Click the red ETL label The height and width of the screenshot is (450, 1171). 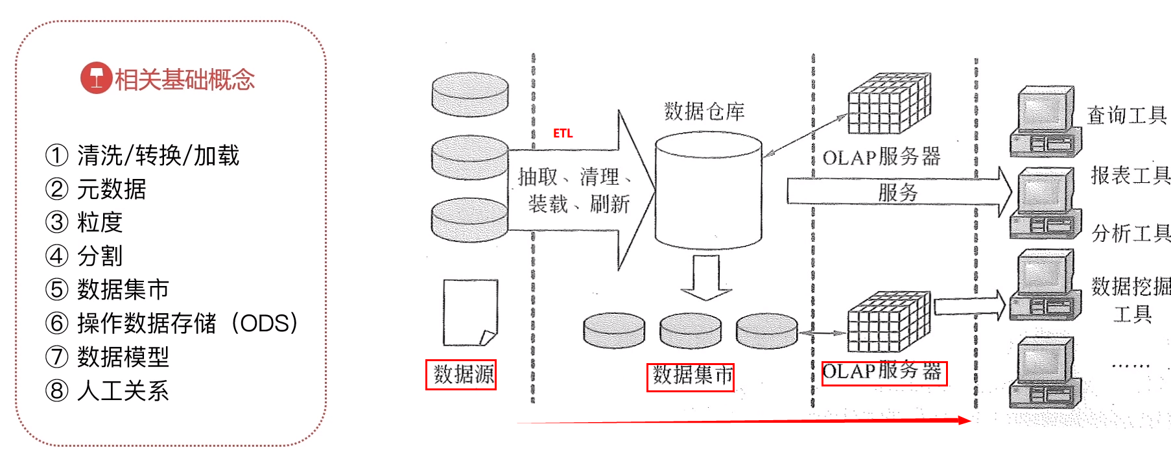pyautogui.click(x=563, y=133)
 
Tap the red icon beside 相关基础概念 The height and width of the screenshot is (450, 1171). pyautogui.click(x=96, y=78)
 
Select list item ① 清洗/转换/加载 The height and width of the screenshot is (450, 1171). pyautogui.click(x=143, y=156)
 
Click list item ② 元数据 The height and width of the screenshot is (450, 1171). pyautogui.click(x=96, y=189)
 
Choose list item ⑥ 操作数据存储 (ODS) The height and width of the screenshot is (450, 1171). pyautogui.click(x=172, y=323)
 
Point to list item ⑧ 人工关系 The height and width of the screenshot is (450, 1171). pyautogui.click(x=107, y=390)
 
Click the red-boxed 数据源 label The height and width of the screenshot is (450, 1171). pyautogui.click(x=461, y=375)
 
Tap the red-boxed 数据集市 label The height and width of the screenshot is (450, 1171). pyautogui.click(x=691, y=377)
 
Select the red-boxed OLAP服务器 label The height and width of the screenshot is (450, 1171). pyautogui.click(x=884, y=373)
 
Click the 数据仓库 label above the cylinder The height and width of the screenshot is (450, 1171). pyautogui.click(x=704, y=112)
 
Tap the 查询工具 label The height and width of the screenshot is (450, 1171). pyautogui.click(x=1127, y=115)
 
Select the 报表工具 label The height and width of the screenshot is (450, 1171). pyautogui.click(x=1130, y=175)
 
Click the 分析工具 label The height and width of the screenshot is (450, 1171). pyautogui.click(x=1131, y=233)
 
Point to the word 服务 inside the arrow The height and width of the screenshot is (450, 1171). pyautogui.click(x=898, y=192)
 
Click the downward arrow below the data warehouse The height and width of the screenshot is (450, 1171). pyautogui.click(x=706, y=278)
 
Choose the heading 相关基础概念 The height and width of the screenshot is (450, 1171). pyautogui.click(x=185, y=79)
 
